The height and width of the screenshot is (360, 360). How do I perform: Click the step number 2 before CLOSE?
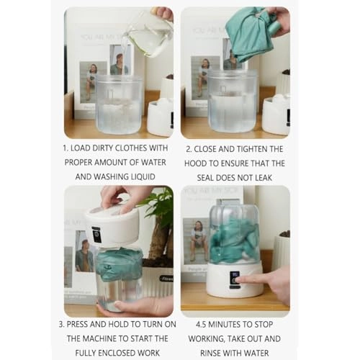tap(187, 150)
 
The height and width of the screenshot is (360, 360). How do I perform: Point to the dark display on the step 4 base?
tap(235, 277)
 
